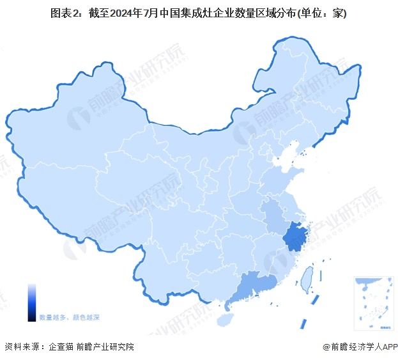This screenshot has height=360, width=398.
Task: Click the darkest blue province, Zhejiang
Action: (x=295, y=236)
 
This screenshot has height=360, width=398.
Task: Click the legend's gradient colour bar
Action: (x=32, y=302)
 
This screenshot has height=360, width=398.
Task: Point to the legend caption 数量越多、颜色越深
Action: (x=69, y=317)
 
